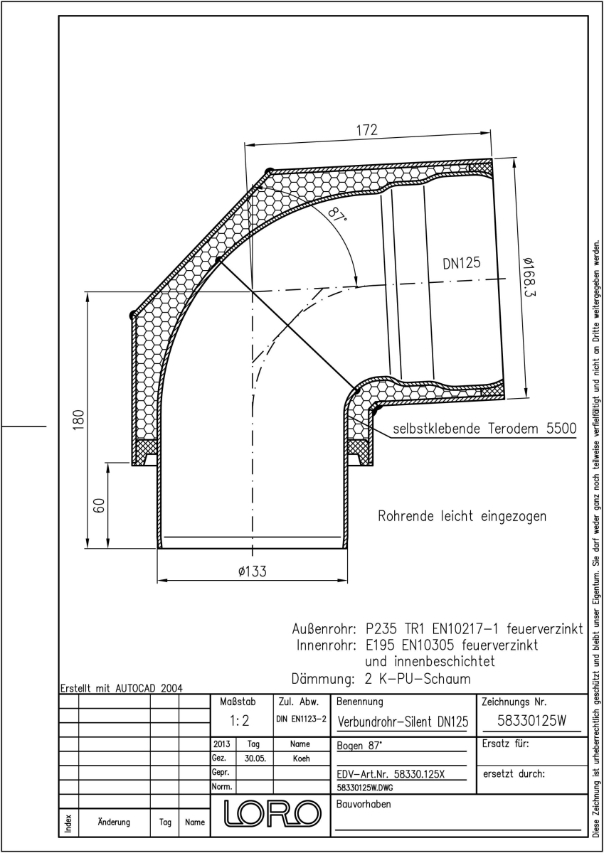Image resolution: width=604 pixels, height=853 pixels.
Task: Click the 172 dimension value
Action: pos(367,130)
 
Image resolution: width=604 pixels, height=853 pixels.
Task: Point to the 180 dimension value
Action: pos(78,420)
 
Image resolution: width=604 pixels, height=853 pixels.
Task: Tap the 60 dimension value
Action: pos(99,505)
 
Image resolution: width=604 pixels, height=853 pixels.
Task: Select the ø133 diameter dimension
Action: pos(253,572)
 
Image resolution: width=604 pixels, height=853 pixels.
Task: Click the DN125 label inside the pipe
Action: pos(462,263)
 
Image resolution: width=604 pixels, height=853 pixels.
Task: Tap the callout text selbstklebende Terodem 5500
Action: pos(484,429)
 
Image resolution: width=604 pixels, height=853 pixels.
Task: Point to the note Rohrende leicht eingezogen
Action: pos(462,516)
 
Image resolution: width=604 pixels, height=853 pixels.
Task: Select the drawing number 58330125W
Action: pos(531,721)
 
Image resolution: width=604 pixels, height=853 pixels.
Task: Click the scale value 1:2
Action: pos(239,721)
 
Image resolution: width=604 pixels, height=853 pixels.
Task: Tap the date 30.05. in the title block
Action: pos(255,758)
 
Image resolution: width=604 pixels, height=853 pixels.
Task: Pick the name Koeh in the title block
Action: pos(301,758)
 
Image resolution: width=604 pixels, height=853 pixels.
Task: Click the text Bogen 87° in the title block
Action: pos(359,746)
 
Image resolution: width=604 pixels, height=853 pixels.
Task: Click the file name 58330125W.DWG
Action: pos(365,788)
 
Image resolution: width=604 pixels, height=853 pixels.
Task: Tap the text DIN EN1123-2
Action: pos(301,719)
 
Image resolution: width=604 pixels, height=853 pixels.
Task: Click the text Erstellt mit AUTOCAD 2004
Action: pos(122,689)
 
